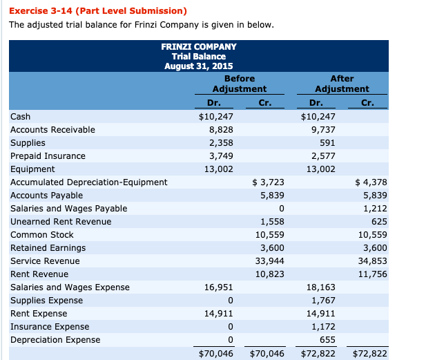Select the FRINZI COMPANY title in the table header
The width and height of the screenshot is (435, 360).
click(198, 46)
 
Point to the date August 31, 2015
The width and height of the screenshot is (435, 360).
click(198, 66)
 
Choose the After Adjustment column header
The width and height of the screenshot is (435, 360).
click(342, 84)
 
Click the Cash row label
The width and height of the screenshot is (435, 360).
click(21, 117)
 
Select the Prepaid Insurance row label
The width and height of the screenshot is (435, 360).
click(48, 156)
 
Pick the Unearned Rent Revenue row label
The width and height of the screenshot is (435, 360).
click(61, 222)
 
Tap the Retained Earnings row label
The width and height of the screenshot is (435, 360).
click(48, 248)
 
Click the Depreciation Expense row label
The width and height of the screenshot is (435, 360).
click(55, 340)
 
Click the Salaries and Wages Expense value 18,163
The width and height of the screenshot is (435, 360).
click(320, 287)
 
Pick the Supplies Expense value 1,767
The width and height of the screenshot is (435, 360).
click(322, 301)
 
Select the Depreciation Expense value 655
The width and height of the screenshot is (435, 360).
click(327, 340)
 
